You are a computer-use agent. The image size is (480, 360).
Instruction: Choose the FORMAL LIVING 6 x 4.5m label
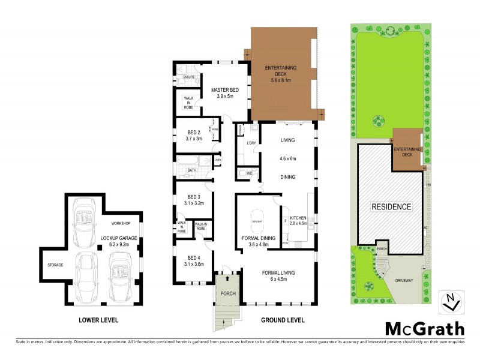click(277, 275)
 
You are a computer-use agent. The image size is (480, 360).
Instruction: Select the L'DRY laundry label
click(251, 143)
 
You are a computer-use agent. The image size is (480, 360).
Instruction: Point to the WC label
click(249, 173)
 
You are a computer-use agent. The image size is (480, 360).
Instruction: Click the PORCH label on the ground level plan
click(227, 293)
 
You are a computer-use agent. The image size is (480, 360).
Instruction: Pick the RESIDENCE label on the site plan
click(391, 206)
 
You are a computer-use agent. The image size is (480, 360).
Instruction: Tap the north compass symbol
click(452, 301)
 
